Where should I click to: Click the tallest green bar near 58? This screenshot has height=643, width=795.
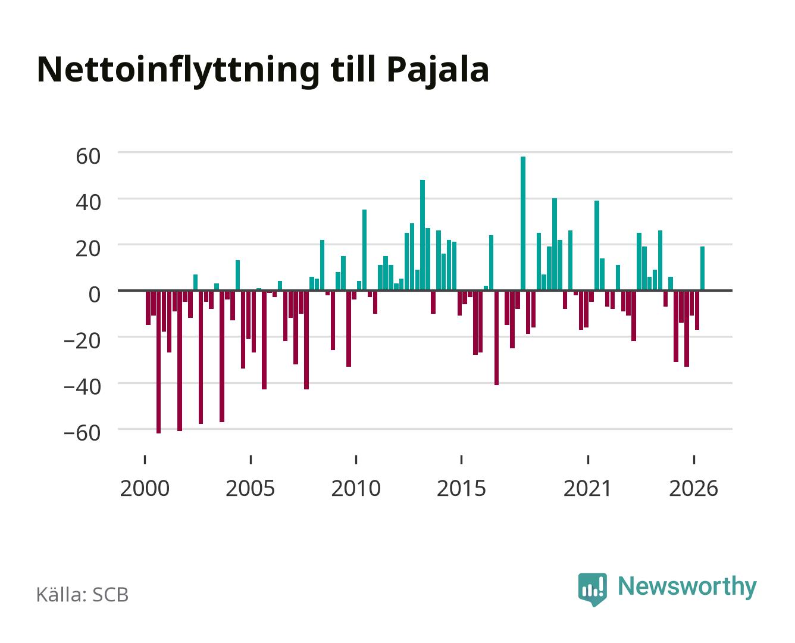(x=523, y=223)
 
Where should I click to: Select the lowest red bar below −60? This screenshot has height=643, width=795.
(x=159, y=362)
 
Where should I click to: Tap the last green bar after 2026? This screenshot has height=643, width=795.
(x=702, y=269)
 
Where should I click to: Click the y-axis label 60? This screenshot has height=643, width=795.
(x=88, y=156)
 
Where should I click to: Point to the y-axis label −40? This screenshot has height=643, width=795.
(x=82, y=387)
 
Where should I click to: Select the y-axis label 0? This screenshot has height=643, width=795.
(x=95, y=295)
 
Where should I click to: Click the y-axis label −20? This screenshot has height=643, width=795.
(x=82, y=341)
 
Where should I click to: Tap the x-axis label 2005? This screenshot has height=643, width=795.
(x=250, y=488)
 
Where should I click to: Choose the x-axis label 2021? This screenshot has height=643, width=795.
(x=587, y=488)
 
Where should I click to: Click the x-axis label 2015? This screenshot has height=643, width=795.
(x=461, y=488)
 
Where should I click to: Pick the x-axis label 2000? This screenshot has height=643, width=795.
(x=145, y=488)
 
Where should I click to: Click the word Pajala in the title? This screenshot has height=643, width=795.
(x=438, y=70)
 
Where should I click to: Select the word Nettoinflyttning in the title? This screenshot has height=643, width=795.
(x=178, y=71)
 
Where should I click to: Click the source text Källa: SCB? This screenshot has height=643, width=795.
(x=83, y=595)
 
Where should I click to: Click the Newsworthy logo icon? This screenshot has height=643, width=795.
(x=593, y=589)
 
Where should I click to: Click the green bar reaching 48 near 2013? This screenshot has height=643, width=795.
(x=422, y=235)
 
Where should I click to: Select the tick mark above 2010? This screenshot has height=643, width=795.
(x=356, y=460)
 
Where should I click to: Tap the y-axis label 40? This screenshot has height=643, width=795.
(x=88, y=202)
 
